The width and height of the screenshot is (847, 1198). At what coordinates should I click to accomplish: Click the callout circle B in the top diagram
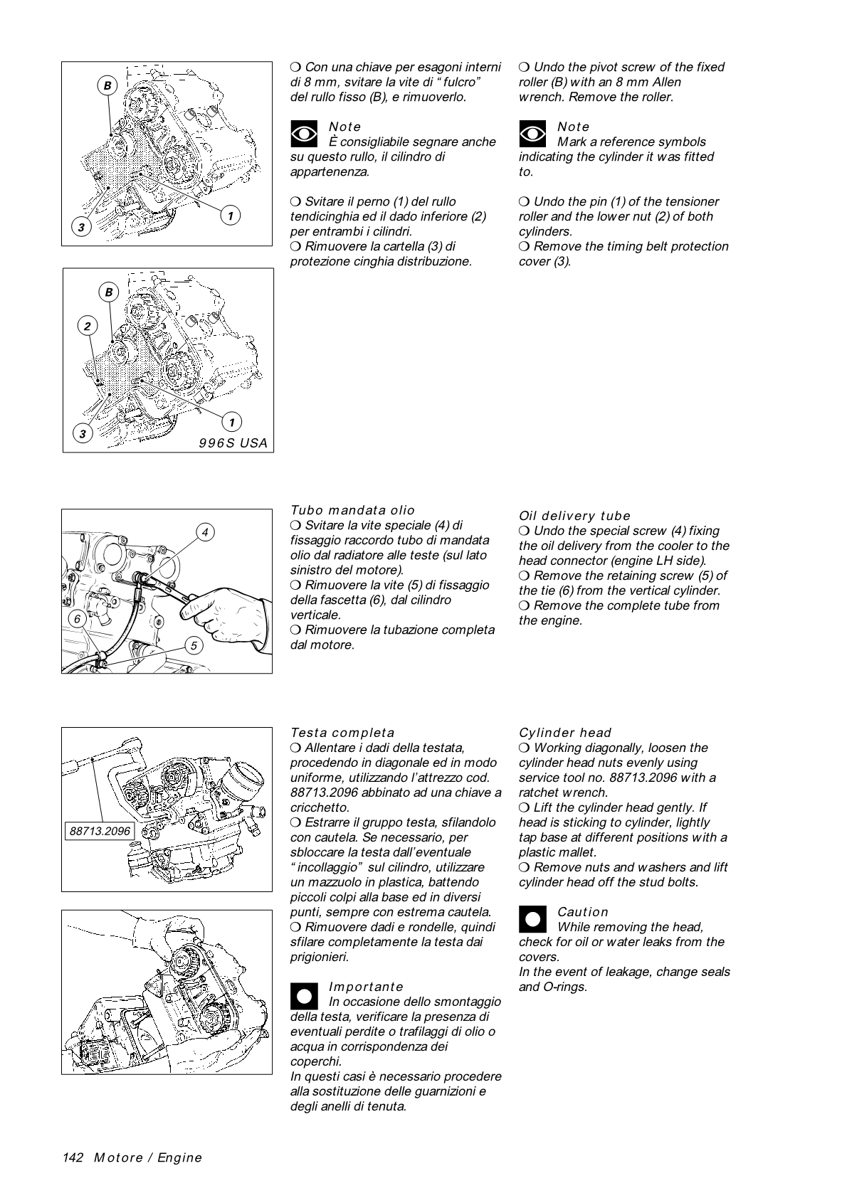point(107,85)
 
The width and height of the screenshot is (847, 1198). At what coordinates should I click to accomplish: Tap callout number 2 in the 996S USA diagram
point(87,326)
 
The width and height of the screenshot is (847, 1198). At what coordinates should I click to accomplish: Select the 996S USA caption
point(233,443)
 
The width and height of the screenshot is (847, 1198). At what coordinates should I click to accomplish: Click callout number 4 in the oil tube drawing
point(205,532)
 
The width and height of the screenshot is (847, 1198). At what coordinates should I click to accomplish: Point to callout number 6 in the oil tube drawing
point(77,619)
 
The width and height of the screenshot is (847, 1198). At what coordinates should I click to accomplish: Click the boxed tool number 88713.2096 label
point(99,830)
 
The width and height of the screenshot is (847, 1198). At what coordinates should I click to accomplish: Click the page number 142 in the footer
point(73,1157)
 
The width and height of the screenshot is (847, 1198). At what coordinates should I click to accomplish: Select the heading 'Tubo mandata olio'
point(352,510)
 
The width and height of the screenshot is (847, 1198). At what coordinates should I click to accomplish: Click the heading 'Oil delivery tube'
point(574,516)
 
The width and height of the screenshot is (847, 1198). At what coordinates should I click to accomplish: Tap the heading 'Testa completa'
point(342,733)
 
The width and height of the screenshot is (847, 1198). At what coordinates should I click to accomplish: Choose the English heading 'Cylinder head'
point(565,733)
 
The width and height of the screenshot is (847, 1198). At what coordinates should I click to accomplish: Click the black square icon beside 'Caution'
point(532,918)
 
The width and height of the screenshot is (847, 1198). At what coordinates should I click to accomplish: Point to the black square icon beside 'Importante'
point(304,994)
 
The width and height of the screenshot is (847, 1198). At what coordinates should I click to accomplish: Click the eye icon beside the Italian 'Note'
point(304,134)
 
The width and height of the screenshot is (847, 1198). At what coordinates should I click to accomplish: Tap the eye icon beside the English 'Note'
point(532,134)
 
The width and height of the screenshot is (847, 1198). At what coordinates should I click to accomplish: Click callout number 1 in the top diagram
point(230,214)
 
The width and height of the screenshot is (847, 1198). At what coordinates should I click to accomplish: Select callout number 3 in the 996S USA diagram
point(83,433)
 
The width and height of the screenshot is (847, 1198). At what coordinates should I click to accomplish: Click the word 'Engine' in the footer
point(180,1157)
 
